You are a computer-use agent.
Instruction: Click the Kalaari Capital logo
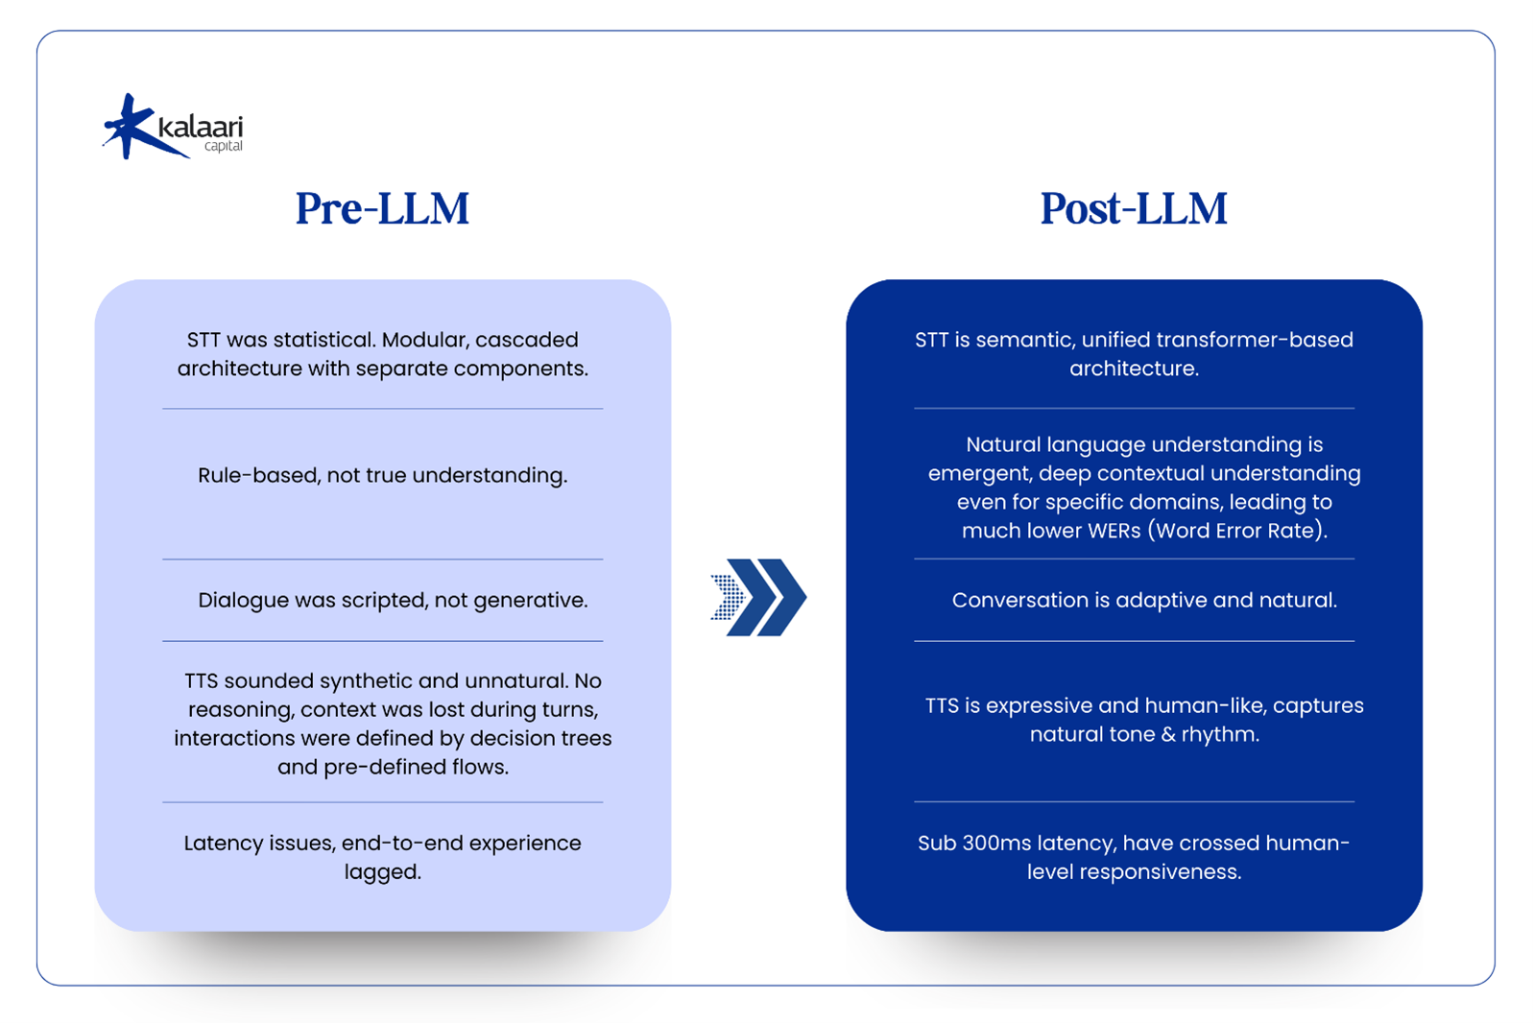[174, 128]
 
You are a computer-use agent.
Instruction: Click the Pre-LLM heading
[382, 208]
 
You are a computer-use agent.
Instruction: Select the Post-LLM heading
[1134, 208]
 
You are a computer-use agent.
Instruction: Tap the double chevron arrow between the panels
[759, 597]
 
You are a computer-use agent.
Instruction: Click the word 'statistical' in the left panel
[323, 340]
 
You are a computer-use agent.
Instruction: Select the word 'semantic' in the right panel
[1017, 340]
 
